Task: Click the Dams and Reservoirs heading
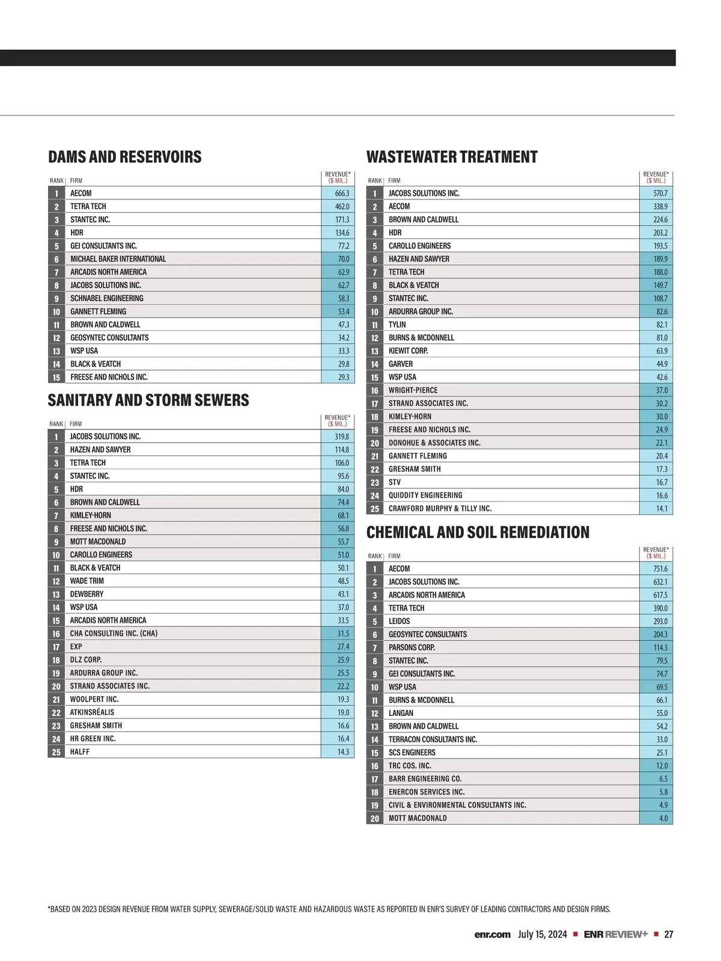[x=125, y=157]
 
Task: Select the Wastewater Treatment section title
[x=452, y=157]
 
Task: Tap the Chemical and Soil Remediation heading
[x=478, y=533]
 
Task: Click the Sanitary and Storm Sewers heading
[x=148, y=401]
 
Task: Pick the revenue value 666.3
[x=342, y=193]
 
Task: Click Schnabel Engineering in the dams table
[x=107, y=299]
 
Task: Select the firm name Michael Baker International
[x=118, y=259]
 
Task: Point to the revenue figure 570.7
[x=660, y=193]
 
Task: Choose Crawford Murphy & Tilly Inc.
[x=440, y=509]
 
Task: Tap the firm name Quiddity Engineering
[x=425, y=496]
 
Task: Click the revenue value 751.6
[x=660, y=569]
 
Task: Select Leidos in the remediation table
[x=399, y=621]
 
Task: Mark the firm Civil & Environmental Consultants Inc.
[x=457, y=805]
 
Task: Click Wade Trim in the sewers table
[x=87, y=581]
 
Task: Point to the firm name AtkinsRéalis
[x=92, y=712]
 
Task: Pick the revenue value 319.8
[x=342, y=437]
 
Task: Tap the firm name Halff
[x=80, y=752]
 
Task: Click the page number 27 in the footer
[x=669, y=935]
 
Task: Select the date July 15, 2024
[x=543, y=935]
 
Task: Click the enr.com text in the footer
[x=492, y=935]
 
